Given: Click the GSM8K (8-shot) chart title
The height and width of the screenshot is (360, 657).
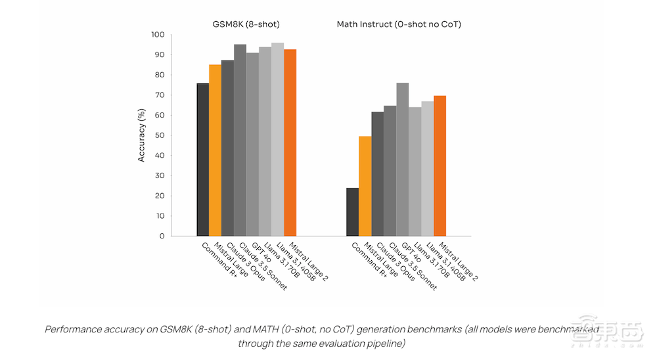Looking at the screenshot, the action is coord(246,24).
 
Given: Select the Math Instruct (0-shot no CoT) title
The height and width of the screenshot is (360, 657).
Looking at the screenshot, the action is coord(399,24).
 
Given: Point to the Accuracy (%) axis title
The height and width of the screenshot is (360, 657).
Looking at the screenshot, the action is coord(141,135).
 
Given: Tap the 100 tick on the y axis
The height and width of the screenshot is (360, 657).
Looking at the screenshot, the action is coord(158,35).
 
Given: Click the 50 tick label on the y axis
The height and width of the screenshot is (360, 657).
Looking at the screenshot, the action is coord(160,135).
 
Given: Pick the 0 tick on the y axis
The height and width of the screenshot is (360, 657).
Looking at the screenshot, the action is coord(162,236).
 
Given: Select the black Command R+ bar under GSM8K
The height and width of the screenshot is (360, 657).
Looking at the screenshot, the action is coord(203,160).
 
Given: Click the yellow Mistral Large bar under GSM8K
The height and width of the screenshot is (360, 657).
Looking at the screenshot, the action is coord(215,150).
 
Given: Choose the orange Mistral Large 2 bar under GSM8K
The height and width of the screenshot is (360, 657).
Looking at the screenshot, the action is coord(290,143).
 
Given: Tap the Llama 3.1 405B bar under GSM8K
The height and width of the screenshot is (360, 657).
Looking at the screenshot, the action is coord(277,139).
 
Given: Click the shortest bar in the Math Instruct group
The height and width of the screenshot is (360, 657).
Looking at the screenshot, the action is coord(352,212).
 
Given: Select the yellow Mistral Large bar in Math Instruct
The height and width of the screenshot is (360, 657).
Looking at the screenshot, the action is coord(365,186).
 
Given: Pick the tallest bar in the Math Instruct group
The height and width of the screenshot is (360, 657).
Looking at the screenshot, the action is coord(402,160).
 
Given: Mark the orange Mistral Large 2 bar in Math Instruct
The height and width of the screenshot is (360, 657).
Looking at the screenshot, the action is coord(440,166).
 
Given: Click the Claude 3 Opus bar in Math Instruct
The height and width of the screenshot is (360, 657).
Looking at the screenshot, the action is coord(378,174).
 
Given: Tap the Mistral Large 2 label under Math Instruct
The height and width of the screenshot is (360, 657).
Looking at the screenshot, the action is coord(459,261).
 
